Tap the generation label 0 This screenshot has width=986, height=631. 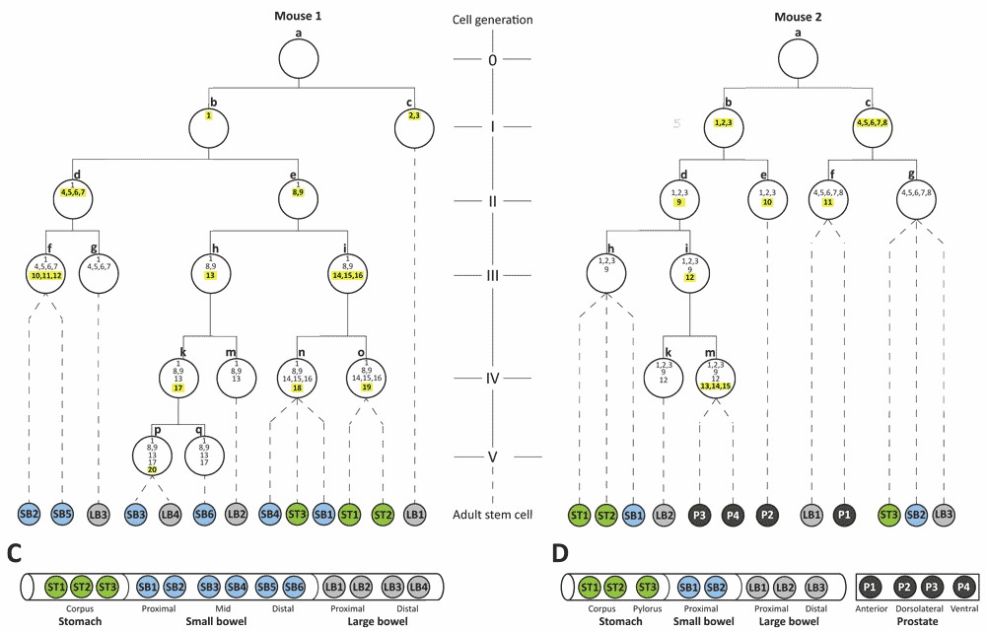(493, 60)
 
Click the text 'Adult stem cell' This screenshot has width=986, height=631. (493, 515)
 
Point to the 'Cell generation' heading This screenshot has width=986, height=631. (493, 20)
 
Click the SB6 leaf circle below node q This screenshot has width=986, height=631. (204, 514)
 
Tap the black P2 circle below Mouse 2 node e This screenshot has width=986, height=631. (768, 514)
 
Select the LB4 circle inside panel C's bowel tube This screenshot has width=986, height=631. (417, 587)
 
